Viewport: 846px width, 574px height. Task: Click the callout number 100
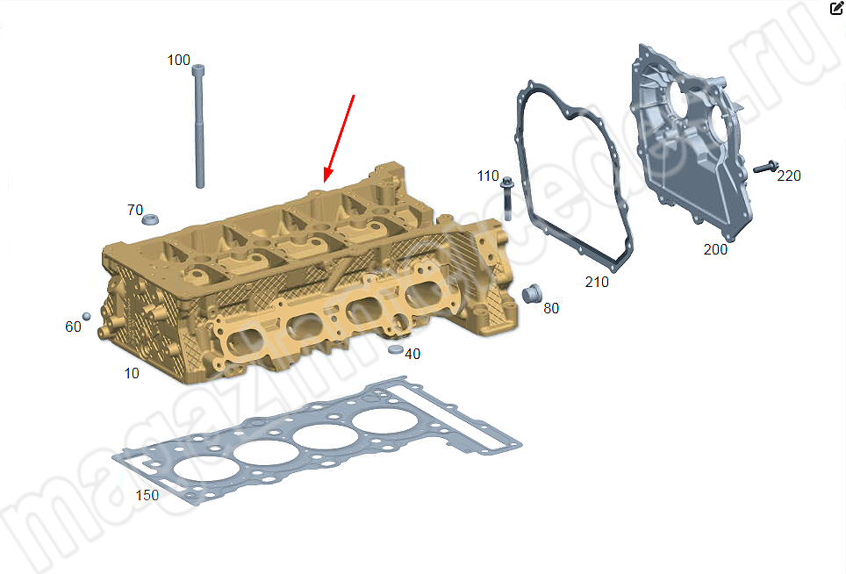(178, 60)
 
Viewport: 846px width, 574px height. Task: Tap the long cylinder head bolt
(199, 126)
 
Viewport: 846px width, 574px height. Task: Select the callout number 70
(135, 210)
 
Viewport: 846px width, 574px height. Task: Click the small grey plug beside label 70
(151, 219)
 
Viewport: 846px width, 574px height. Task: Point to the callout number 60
(73, 326)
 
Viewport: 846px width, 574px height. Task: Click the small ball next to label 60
(86, 316)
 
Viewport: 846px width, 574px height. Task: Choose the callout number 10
(132, 373)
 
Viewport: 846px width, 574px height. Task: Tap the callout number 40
(412, 354)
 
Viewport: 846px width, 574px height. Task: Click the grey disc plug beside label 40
(396, 349)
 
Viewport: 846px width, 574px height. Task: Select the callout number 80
(551, 309)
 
